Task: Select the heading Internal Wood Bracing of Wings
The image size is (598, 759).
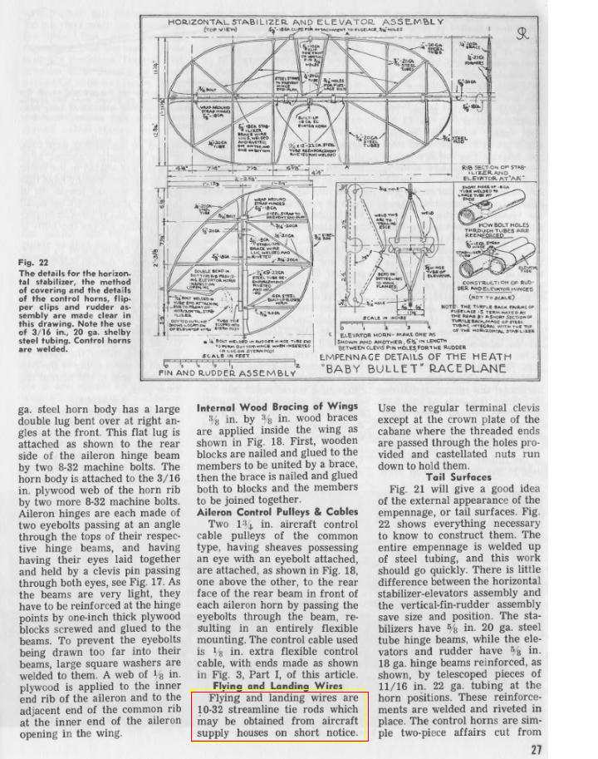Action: pyautogui.click(x=277, y=408)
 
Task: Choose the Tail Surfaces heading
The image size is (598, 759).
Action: pyautogui.click(x=458, y=477)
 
